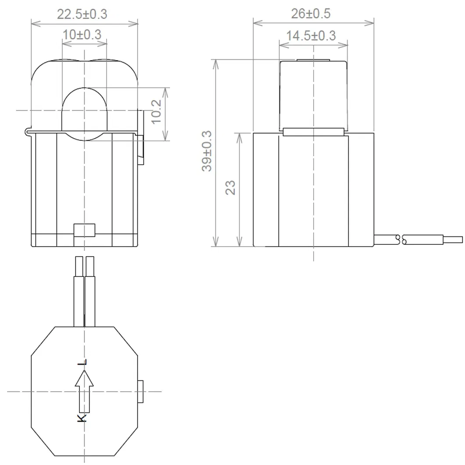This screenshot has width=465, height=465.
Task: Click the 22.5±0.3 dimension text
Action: coord(82,14)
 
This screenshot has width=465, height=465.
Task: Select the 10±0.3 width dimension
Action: coord(82,34)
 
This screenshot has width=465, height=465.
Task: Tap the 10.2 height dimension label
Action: coord(157,111)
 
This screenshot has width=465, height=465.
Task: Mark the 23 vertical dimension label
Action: coord(231,188)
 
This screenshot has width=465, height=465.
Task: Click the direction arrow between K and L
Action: coord(84,390)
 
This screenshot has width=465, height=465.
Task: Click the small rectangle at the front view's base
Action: coord(84,229)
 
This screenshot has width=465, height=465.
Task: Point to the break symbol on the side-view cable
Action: coord(401,240)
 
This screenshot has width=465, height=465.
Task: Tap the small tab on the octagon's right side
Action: coord(141,391)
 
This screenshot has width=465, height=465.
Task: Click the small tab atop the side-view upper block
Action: coord(313,60)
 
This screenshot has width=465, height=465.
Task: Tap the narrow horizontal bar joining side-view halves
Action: coord(313,131)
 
